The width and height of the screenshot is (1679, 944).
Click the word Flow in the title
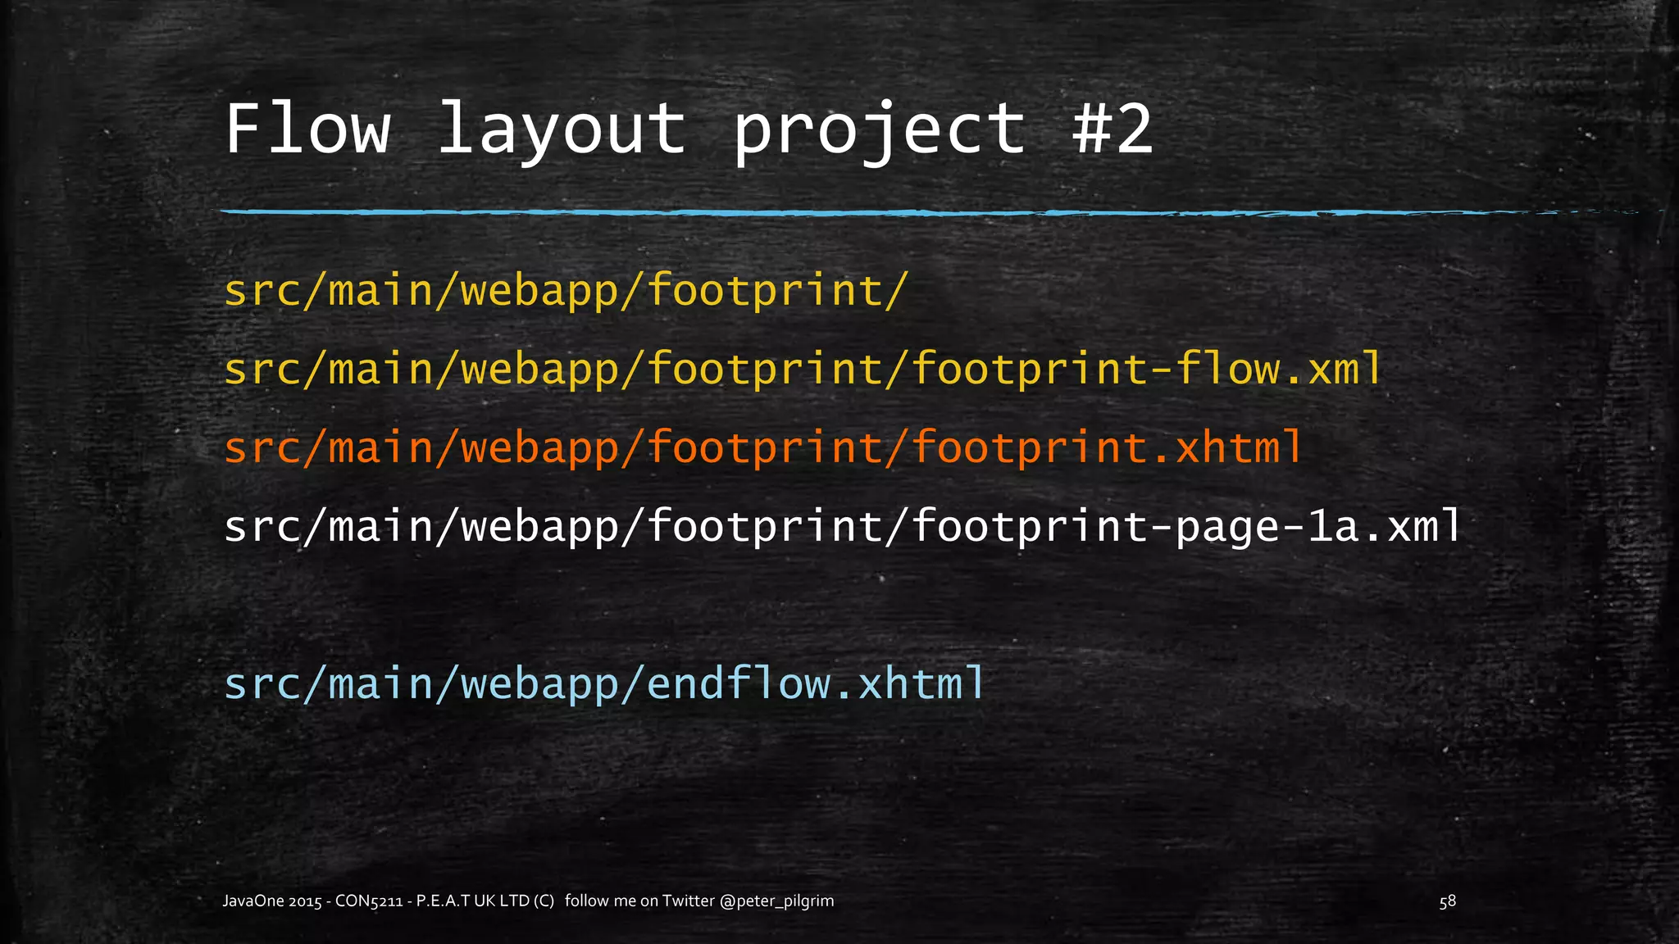click(307, 129)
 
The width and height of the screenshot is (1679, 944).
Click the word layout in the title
click(562, 129)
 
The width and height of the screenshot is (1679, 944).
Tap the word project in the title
click(879, 129)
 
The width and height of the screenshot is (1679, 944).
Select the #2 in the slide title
click(1113, 129)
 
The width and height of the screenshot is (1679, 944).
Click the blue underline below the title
click(820, 213)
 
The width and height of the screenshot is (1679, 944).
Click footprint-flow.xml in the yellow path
click(1147, 369)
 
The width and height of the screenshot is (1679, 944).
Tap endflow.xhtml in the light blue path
click(816, 683)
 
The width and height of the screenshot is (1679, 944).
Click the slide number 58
click(1448, 901)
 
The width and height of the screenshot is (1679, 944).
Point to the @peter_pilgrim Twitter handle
click(776, 901)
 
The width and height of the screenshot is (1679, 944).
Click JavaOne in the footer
click(253, 901)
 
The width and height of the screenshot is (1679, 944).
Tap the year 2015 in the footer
click(305, 901)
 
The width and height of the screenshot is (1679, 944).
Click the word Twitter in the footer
click(688, 901)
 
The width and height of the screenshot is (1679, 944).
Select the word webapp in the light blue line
click(539, 683)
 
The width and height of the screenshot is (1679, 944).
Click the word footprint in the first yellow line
click(764, 291)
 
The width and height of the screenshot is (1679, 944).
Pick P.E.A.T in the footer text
click(443, 901)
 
